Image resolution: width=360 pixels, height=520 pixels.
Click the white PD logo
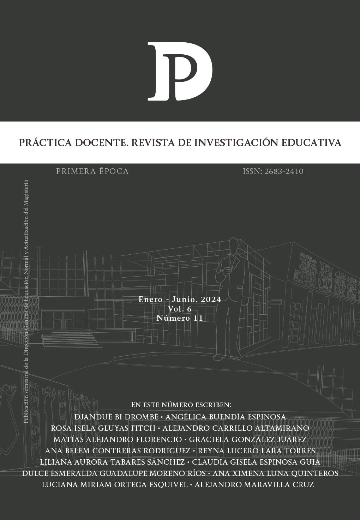(x=180, y=71)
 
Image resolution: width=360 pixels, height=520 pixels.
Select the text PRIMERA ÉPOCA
(x=92, y=171)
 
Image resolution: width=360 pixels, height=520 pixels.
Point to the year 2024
(x=211, y=300)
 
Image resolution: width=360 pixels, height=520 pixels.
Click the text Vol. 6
(x=180, y=309)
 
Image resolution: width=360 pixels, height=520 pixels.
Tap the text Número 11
(x=180, y=318)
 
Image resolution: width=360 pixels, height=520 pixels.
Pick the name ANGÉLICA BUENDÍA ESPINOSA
(x=226, y=417)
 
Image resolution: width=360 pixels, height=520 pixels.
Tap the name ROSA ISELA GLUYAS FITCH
(x=103, y=428)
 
